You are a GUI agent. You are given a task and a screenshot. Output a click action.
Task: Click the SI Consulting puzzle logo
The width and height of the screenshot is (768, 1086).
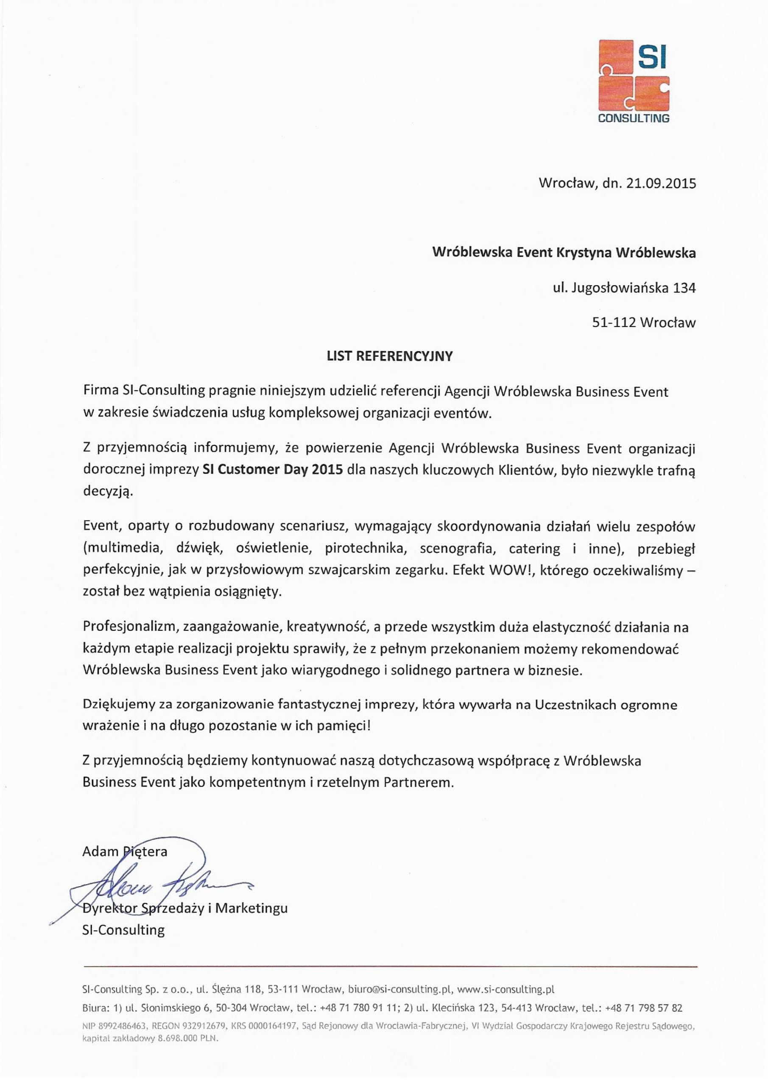click(634, 81)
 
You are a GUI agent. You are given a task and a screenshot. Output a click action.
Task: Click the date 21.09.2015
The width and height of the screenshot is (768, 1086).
click(661, 184)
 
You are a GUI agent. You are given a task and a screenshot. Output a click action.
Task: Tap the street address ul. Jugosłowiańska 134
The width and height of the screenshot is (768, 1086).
click(624, 288)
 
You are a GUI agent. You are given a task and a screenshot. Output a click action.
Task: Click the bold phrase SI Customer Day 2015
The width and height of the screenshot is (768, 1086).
click(272, 470)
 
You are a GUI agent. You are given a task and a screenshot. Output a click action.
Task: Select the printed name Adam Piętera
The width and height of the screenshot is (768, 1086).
click(125, 851)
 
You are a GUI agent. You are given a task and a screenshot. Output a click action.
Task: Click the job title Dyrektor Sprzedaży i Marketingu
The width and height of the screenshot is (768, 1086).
click(185, 908)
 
